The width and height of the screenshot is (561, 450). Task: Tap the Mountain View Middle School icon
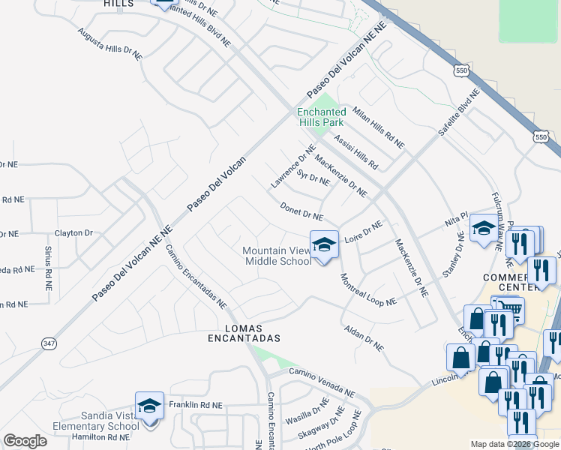[x=324, y=244]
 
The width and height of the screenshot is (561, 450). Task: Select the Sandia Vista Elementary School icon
[x=149, y=406]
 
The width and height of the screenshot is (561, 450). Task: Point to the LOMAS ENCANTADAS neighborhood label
[x=244, y=333]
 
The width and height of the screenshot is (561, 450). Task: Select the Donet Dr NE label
[x=301, y=211]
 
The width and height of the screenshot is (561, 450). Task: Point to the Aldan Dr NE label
[x=364, y=338]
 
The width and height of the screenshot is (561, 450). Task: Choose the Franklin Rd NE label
[x=196, y=404]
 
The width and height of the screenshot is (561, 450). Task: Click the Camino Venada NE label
[x=322, y=382]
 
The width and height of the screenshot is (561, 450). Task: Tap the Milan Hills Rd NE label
[x=379, y=127]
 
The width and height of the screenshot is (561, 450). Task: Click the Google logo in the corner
[x=25, y=441]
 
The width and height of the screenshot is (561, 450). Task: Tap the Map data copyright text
[x=514, y=443]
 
